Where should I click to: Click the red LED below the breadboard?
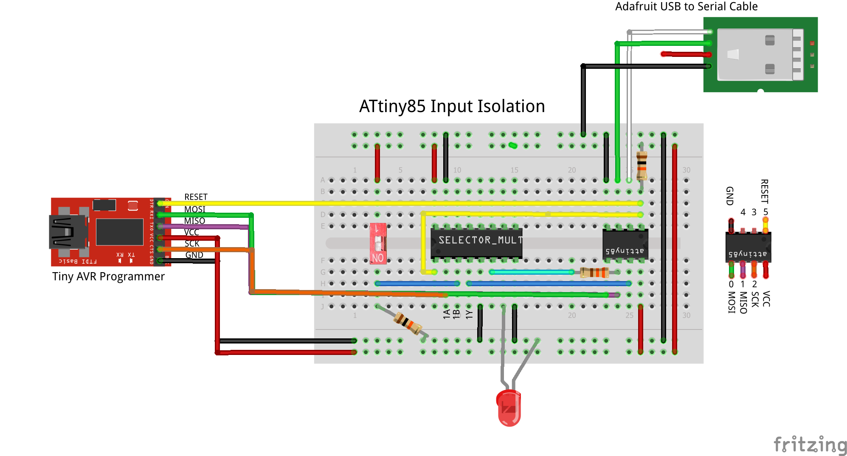pyautogui.click(x=509, y=408)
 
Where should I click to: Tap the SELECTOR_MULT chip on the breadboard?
pyautogui.click(x=476, y=242)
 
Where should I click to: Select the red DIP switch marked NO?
pyautogui.click(x=378, y=244)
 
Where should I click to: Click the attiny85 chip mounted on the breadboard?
pyautogui.click(x=625, y=245)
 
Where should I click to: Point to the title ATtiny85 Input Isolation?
pyautogui.click(x=452, y=106)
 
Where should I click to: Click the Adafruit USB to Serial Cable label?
pyautogui.click(x=686, y=6)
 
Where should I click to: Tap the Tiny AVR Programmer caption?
pyautogui.click(x=108, y=276)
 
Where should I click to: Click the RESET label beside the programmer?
pyautogui.click(x=196, y=197)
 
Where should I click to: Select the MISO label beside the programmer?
pyautogui.click(x=194, y=221)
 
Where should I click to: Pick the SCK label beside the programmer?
pyautogui.click(x=192, y=244)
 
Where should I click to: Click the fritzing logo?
pyautogui.click(x=810, y=445)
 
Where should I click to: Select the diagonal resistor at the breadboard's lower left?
pyautogui.click(x=408, y=323)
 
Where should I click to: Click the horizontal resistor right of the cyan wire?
pyautogui.click(x=595, y=272)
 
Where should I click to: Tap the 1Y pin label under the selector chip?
pyautogui.click(x=469, y=314)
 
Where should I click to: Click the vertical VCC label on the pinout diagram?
pyautogui.click(x=766, y=298)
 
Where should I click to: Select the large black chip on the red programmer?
pyautogui.click(x=119, y=232)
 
